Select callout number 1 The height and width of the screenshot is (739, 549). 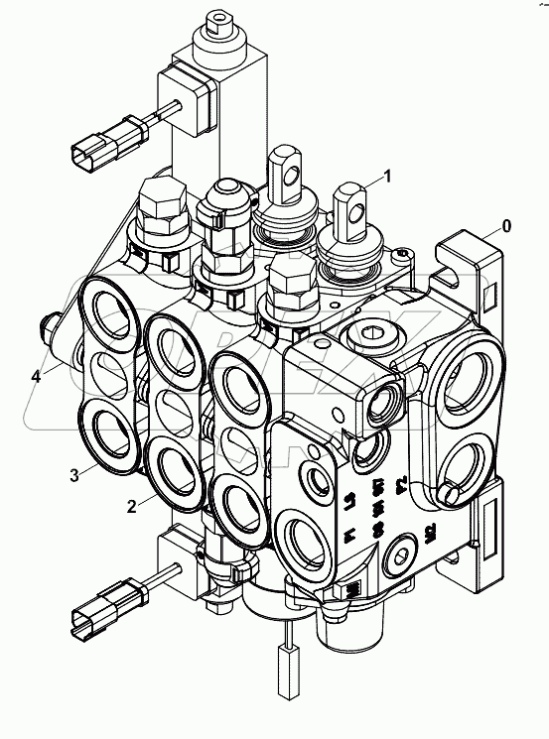[387, 177]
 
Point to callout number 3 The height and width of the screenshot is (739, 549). [74, 474]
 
